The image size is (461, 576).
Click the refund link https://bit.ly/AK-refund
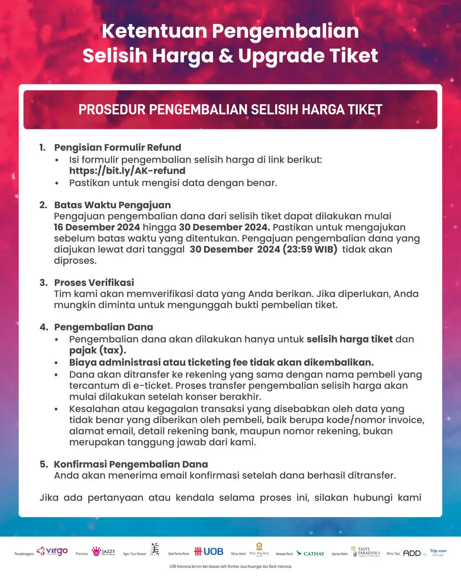[127, 171]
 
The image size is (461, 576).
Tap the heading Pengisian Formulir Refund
[117, 148]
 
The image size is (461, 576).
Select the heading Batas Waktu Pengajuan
[112, 205]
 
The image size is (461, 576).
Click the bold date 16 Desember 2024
[97, 227]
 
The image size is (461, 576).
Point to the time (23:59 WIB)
[310, 250]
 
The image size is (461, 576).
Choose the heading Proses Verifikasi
[94, 282]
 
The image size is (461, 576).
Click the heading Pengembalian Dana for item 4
[103, 327]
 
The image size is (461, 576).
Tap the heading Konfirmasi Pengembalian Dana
[131, 464]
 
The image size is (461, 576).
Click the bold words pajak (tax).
[97, 350]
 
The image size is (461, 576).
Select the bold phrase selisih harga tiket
[349, 339]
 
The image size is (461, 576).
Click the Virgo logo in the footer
[53, 551]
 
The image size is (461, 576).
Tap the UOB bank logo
[209, 552]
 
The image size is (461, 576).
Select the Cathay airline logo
[311, 553]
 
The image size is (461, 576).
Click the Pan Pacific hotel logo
[259, 550]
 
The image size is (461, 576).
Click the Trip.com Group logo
[438, 553]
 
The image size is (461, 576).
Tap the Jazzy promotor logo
[103, 552]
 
